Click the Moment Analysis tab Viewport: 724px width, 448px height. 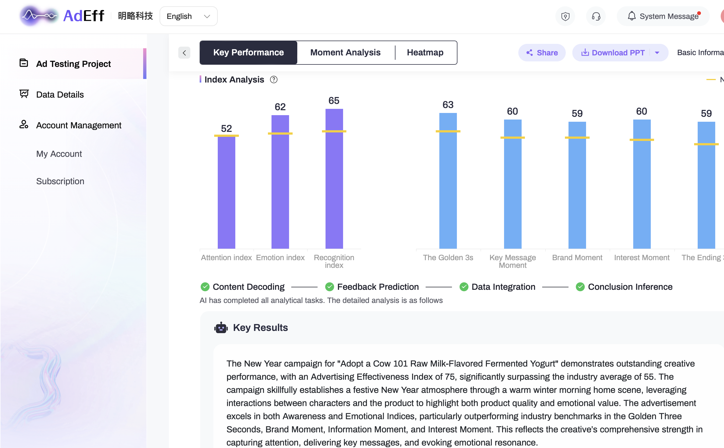[x=345, y=52]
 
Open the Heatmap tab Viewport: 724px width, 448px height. [x=425, y=52]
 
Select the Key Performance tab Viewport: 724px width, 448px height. [x=248, y=52]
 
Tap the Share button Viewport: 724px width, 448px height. [x=542, y=53]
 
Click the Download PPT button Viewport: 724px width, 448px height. [x=613, y=53]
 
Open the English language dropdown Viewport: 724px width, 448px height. [x=188, y=16]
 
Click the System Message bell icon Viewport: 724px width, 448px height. [x=632, y=16]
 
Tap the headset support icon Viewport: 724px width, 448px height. [x=596, y=16]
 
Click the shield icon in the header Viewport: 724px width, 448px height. [x=565, y=16]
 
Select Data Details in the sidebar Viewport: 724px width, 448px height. [x=60, y=95]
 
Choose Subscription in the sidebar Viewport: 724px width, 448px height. [x=60, y=181]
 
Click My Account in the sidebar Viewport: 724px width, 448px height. [x=59, y=154]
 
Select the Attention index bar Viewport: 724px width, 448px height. [x=227, y=192]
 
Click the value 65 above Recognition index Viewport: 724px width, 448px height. [x=334, y=101]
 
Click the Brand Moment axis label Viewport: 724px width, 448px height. [x=577, y=257]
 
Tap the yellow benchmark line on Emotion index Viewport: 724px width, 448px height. [x=280, y=134]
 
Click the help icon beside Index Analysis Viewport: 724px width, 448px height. [x=273, y=80]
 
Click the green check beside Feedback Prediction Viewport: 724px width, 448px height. [x=330, y=287]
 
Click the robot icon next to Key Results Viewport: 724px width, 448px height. [x=221, y=328]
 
